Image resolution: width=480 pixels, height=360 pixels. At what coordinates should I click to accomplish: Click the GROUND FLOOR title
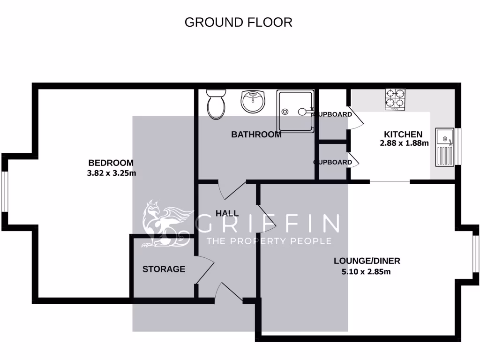tap(238, 22)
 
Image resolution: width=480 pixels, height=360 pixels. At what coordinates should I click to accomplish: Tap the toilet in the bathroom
tap(216, 104)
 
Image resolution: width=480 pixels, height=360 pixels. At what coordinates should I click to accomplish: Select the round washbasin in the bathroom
tap(253, 101)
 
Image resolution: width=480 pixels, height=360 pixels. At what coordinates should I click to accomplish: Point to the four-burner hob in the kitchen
tap(395, 99)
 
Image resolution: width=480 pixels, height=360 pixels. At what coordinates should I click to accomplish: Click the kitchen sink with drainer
tap(443, 147)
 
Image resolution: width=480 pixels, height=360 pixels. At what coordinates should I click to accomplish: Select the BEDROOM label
tap(111, 163)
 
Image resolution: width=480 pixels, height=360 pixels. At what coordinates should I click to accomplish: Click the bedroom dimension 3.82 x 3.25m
tap(112, 173)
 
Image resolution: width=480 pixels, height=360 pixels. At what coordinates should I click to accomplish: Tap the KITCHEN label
tap(403, 134)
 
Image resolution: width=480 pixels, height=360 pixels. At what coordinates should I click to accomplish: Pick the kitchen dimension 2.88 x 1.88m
tap(404, 143)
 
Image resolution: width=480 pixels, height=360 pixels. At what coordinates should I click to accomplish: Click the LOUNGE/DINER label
tap(367, 261)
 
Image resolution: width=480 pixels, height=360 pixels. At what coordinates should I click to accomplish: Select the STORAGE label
tap(164, 269)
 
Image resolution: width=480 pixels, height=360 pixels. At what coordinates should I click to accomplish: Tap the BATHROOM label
tap(256, 135)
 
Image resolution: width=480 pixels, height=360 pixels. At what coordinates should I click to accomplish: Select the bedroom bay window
tap(4, 192)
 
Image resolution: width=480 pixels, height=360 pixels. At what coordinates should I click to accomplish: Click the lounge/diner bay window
tap(475, 254)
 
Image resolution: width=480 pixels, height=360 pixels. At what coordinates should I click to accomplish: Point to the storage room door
tap(203, 272)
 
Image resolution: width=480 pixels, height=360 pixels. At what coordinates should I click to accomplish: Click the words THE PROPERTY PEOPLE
tap(269, 241)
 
